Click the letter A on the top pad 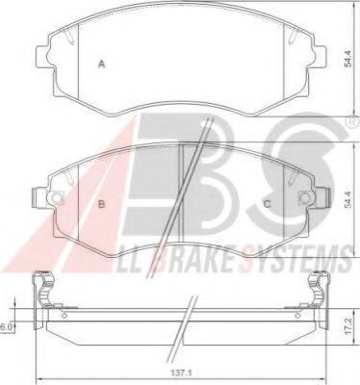(x=101, y=64)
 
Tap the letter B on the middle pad (x=101, y=204)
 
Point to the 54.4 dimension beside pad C (x=345, y=198)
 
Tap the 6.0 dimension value (x=6, y=327)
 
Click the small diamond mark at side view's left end (x=63, y=316)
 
